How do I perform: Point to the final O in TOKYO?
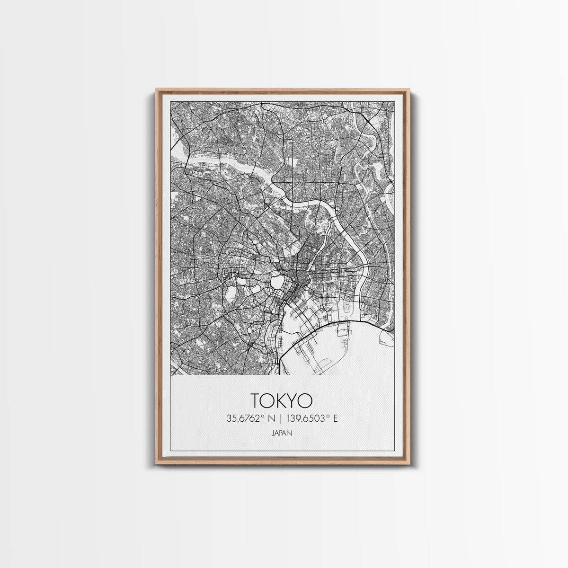pos(305,400)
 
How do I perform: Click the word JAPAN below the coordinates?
pos(282,432)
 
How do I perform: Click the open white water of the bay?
pos(360,350)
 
